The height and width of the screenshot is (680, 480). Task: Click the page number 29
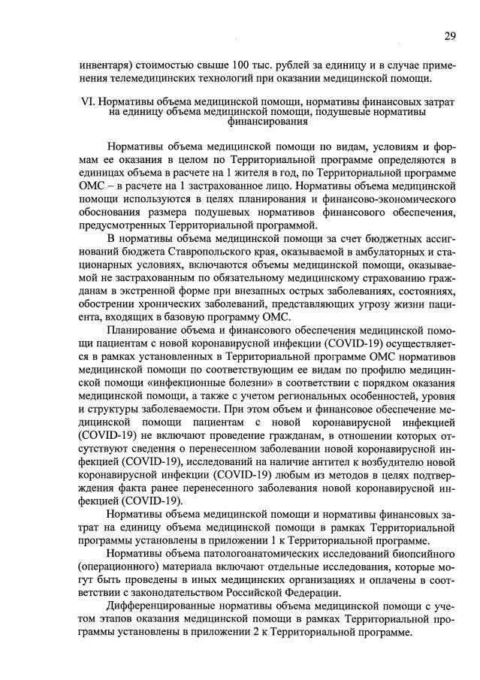[x=448, y=36]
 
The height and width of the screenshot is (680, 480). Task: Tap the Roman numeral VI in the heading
[x=85, y=101]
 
